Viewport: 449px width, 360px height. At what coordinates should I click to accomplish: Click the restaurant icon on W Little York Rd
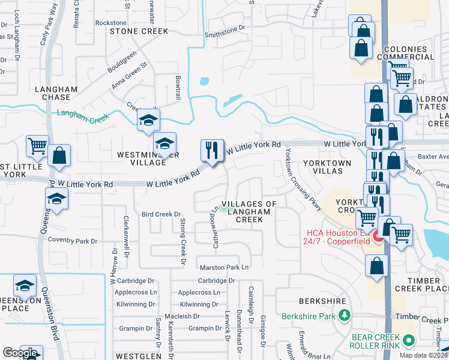(211, 150)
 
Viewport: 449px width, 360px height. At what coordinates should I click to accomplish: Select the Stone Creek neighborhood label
(139, 31)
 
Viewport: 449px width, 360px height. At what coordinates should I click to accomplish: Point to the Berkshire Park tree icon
(345, 314)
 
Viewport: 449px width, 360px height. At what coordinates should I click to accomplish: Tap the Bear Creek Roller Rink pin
(409, 340)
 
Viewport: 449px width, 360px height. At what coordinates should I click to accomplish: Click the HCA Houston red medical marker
(378, 237)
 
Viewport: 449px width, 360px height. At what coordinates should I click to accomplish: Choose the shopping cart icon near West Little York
(37, 146)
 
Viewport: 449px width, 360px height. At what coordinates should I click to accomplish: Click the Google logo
(19, 353)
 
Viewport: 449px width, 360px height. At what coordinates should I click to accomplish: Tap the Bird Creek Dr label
(161, 214)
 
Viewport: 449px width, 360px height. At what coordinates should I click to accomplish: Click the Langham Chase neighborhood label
(56, 93)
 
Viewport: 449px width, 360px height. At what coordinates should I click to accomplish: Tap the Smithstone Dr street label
(225, 28)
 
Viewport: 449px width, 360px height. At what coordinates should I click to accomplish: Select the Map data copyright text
(424, 355)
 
